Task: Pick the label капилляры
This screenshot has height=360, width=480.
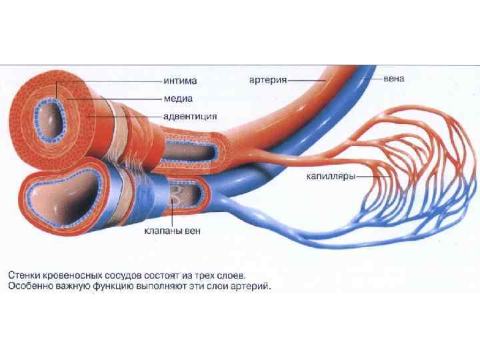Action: [x=329, y=177]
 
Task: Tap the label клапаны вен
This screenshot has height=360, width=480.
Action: [x=171, y=232]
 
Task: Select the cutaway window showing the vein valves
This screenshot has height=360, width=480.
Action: [x=184, y=194]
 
